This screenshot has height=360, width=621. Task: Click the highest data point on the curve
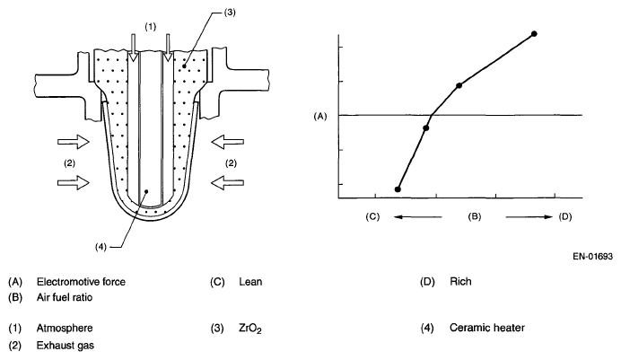534,34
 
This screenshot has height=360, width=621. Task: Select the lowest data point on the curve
398,189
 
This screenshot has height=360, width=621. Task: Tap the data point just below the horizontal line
426,127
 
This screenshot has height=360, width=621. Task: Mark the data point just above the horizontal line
459,85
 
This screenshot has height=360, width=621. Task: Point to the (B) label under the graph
476,216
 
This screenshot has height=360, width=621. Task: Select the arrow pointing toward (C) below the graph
418,216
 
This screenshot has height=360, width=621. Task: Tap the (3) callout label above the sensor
232,13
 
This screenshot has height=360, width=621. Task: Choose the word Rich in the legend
460,282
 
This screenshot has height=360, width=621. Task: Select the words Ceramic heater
487,327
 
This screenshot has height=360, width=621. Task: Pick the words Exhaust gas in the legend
65,343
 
